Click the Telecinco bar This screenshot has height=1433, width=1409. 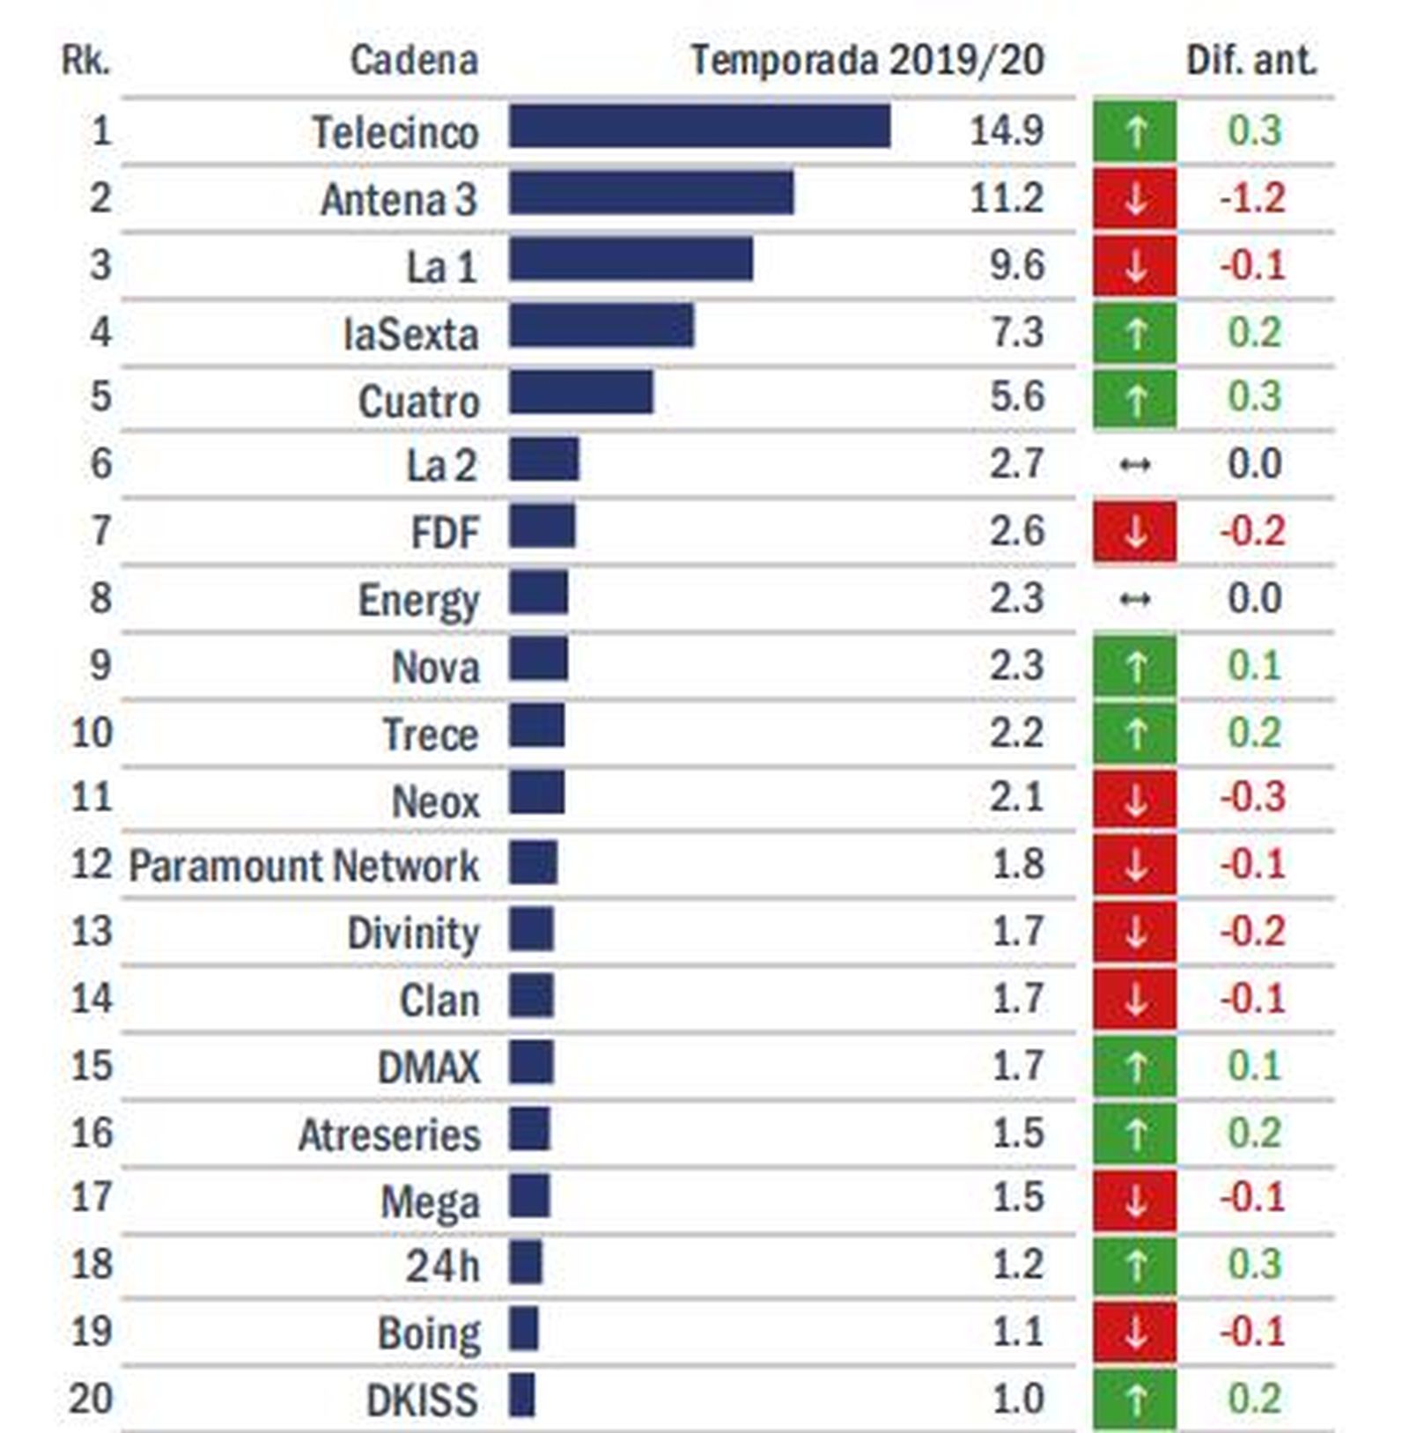pyautogui.click(x=699, y=126)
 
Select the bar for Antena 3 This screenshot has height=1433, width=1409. pyautogui.click(x=651, y=193)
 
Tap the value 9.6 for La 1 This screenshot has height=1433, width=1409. pyautogui.click(x=1016, y=264)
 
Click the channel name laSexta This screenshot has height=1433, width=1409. pyautogui.click(x=410, y=334)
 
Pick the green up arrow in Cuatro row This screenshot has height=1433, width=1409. pyautogui.click(x=1134, y=399)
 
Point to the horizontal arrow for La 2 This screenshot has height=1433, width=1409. pyautogui.click(x=1134, y=464)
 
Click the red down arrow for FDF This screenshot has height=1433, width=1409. pyautogui.click(x=1134, y=531)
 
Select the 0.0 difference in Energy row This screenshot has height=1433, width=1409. pyautogui.click(x=1254, y=599)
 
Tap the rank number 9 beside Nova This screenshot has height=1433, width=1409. pyautogui.click(x=100, y=664)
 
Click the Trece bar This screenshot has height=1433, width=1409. pyautogui.click(x=536, y=726)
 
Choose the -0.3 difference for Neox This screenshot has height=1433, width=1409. pyautogui.click(x=1252, y=797)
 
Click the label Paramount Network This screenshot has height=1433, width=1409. pyautogui.click(x=304, y=866)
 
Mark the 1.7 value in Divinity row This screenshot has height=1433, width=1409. pyautogui.click(x=1017, y=931)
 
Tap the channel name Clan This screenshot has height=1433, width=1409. pyautogui.click(x=439, y=1001)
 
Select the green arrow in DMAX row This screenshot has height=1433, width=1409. pyautogui.click(x=1134, y=1067)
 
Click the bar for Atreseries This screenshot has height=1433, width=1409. pyautogui.click(x=529, y=1129)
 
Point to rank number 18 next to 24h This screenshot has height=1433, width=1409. pyautogui.click(x=92, y=1264)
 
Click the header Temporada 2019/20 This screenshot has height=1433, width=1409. pyautogui.click(x=867, y=60)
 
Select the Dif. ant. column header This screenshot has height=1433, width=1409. pyautogui.click(x=1250, y=60)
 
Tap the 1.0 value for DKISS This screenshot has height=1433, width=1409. pyautogui.click(x=1017, y=1399)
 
